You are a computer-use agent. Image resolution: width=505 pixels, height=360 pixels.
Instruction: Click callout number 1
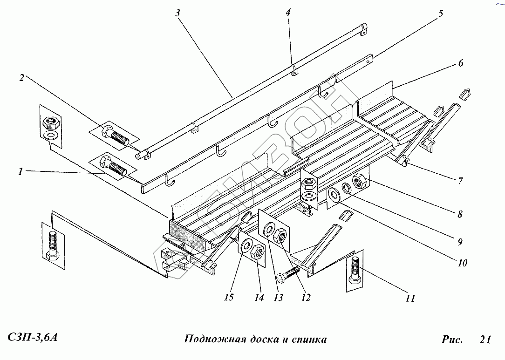[20, 172]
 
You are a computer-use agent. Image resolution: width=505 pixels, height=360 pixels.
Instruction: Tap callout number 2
[21, 78]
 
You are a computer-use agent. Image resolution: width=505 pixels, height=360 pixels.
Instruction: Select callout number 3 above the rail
[177, 14]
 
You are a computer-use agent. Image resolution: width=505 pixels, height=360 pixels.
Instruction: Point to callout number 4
[288, 13]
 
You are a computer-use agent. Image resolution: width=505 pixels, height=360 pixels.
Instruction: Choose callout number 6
[460, 63]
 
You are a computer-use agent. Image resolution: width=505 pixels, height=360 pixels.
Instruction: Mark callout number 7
[460, 181]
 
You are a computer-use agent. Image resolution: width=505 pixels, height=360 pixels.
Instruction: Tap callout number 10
[462, 262]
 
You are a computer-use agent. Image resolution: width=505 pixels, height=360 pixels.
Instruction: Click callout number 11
[410, 298]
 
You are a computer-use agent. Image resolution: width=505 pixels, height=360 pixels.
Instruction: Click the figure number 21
[485, 340]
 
